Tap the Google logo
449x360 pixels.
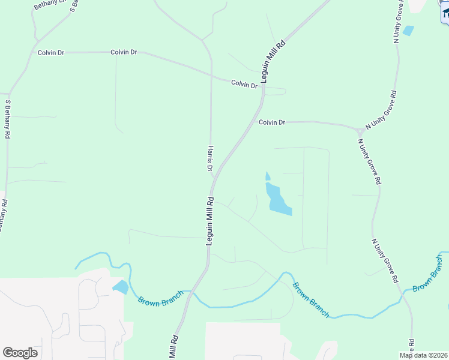point(20,353)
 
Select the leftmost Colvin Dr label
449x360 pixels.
point(50,53)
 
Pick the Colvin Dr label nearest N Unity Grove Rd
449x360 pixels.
point(272,122)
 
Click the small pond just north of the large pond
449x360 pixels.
point(268,176)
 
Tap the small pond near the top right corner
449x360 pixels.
point(408,31)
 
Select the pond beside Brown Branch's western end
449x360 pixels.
point(121,287)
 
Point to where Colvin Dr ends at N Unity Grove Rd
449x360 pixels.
point(359,128)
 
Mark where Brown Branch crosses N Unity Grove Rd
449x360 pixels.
point(403,292)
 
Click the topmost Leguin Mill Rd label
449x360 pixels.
point(271,61)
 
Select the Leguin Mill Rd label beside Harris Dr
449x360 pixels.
point(210,220)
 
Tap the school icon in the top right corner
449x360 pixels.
point(445,12)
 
